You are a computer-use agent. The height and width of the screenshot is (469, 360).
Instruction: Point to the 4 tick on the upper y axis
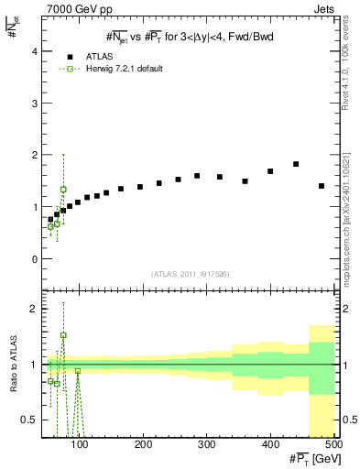[x=36, y=52]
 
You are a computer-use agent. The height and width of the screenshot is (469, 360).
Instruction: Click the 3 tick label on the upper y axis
[x=36, y=104]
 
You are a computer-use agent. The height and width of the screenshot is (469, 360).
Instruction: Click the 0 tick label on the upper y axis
[x=36, y=259]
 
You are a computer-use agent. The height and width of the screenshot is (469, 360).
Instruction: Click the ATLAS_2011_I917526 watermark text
[x=190, y=275]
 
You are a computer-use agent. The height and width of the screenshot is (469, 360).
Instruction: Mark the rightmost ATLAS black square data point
[x=322, y=186]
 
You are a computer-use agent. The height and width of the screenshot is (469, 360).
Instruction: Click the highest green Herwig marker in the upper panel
[x=63, y=190]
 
